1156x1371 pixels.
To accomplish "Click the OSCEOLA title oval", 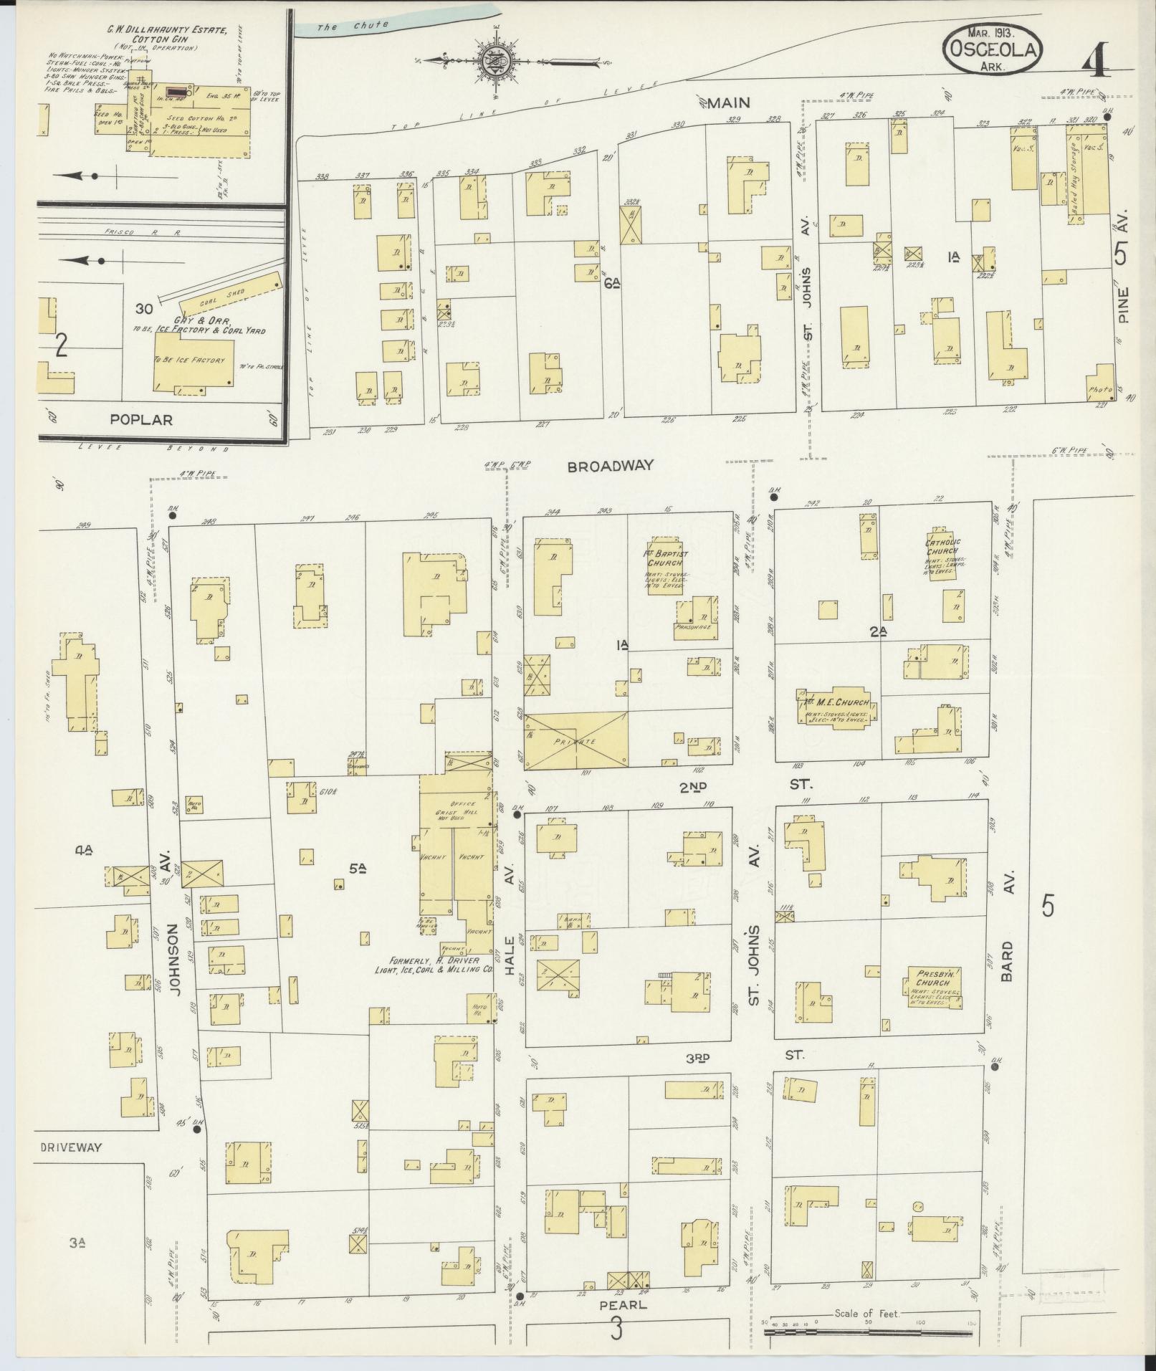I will (992, 48).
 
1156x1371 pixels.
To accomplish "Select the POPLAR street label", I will (141, 419).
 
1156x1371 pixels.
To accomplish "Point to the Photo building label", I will (1099, 390).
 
